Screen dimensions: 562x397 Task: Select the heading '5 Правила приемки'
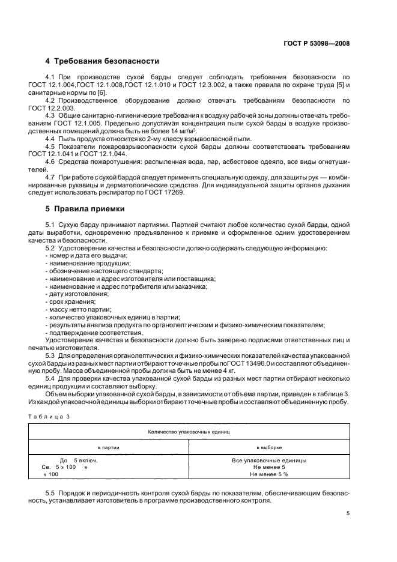tap(85, 209)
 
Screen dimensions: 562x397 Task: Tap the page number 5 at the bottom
tap(348, 513)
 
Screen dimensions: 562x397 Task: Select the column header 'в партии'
tap(108, 447)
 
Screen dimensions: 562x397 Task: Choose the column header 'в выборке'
tap(268, 447)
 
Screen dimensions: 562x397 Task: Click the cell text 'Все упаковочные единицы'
tap(268, 461)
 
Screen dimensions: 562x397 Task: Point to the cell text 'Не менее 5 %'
tap(268, 474)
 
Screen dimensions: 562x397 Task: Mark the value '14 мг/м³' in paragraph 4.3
tap(202, 130)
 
